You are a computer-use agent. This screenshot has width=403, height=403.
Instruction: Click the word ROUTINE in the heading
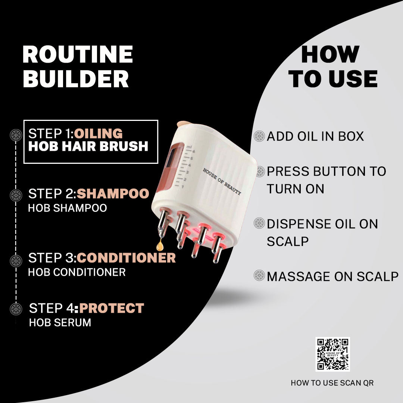tap(78, 54)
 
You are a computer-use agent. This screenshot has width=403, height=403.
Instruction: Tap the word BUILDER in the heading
tap(76, 79)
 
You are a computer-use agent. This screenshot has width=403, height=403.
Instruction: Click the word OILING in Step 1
tap(99, 133)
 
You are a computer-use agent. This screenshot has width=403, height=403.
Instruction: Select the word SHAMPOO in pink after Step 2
tap(113, 194)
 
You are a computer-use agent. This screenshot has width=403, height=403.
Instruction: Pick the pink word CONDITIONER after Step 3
tap(126, 257)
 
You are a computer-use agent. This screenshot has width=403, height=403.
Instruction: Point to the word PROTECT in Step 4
tap(112, 308)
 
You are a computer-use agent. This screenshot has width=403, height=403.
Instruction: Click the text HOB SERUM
tap(60, 322)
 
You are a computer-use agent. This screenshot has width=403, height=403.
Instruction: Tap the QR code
tap(332, 354)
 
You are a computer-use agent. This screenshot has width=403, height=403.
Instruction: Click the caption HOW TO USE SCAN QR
tap(332, 383)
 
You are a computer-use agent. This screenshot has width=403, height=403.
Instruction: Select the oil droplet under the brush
tap(160, 245)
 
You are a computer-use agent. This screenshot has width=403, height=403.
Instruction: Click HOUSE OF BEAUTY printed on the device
tap(222, 181)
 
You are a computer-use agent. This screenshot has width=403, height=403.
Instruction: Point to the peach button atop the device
tap(184, 124)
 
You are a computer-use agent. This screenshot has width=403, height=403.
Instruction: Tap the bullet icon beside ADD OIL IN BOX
tap(259, 136)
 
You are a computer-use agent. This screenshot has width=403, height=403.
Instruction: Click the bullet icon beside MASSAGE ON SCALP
tap(259, 275)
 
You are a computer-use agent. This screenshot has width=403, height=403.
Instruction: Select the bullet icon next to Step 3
tap(16, 260)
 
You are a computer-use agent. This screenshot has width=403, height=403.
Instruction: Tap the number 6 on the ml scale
tap(194, 151)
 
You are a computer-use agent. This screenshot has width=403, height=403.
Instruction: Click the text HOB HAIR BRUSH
tap(88, 146)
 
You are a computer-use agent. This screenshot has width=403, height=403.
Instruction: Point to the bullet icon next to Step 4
tap(16, 309)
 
